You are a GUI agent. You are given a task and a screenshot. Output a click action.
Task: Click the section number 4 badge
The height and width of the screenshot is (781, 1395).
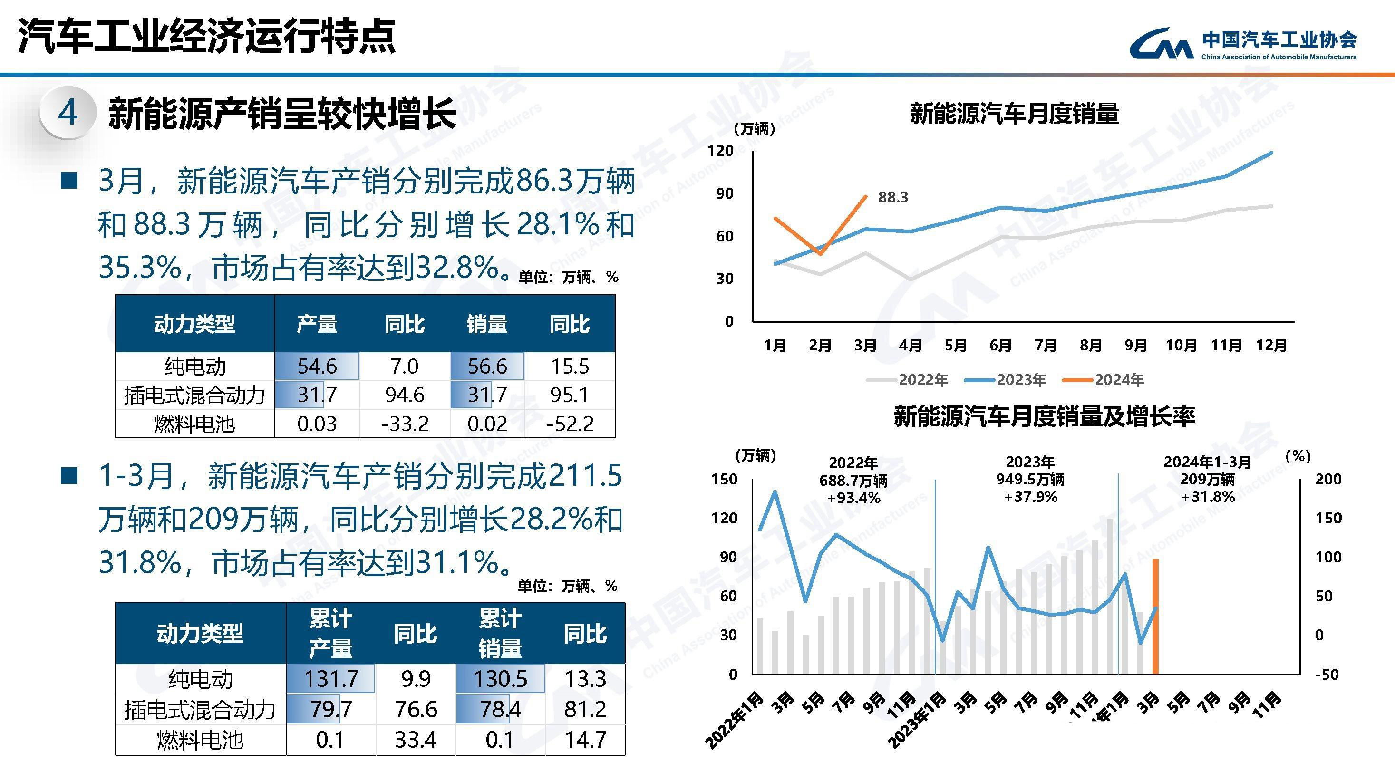pos(68,114)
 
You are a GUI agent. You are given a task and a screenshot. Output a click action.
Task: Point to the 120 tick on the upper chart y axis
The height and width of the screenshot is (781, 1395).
pos(720,151)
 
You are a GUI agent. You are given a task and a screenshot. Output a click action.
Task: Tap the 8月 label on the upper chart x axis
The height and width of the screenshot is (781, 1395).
pos(1091,345)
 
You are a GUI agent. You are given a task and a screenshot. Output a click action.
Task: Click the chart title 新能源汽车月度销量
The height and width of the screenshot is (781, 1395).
pos(1014,114)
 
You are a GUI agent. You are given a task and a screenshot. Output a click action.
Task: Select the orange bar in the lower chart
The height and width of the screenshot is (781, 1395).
pos(1155,617)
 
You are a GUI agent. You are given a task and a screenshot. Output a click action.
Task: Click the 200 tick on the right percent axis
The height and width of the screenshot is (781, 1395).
pos(1328,479)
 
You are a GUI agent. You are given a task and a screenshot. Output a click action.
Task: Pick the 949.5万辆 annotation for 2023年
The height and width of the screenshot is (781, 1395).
pos(1030,480)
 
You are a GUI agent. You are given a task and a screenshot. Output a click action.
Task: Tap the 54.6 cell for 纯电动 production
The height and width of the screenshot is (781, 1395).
pos(317,366)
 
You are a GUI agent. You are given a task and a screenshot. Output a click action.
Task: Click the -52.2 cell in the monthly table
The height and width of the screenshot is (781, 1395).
pos(570,423)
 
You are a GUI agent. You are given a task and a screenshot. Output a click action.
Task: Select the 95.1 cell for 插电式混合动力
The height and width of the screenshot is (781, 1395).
pos(569,395)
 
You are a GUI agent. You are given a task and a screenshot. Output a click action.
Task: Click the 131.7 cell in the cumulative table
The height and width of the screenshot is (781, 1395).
pos(331,679)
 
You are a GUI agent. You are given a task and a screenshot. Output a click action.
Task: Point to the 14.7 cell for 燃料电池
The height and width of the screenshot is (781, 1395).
pos(585,739)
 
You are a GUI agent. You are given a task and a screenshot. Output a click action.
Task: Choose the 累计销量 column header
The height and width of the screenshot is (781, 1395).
pos(499,633)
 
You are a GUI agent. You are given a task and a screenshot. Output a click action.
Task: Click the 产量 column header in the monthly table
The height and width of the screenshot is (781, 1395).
pos(317,324)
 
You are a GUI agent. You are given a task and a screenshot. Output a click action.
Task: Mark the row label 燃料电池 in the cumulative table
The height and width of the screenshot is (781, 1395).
pos(200,739)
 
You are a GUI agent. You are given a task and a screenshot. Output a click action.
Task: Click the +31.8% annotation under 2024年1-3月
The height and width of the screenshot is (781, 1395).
pos(1208,497)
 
